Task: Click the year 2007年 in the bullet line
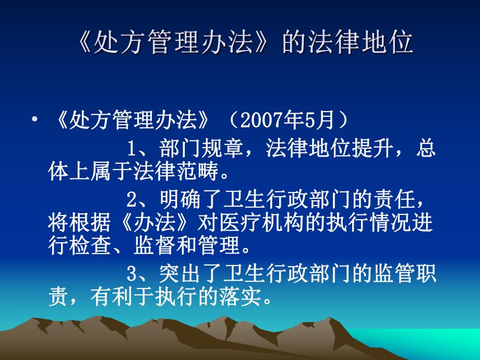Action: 263,121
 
